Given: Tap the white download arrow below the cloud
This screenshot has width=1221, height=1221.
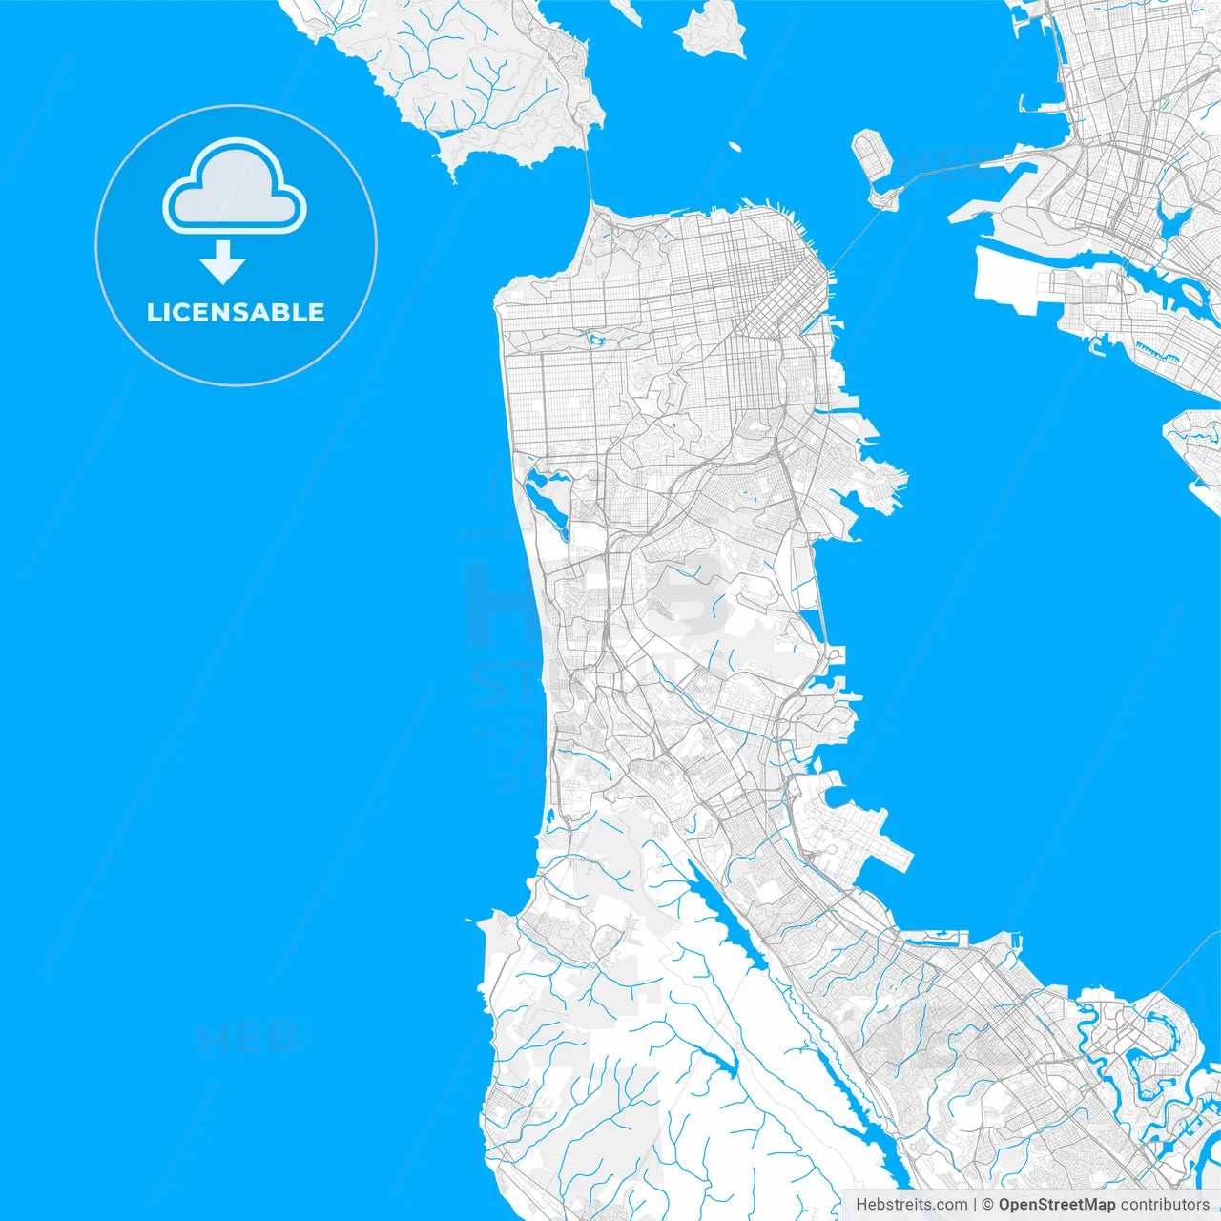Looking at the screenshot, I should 223,263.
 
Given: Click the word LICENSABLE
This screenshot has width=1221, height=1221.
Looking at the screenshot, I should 236,312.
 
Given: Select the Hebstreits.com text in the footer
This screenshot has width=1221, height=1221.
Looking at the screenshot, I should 911,1205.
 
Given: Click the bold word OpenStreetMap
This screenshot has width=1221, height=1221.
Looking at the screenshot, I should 1056,1205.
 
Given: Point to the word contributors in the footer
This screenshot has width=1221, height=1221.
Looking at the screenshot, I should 1164,1205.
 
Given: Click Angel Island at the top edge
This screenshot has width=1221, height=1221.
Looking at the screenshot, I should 711,29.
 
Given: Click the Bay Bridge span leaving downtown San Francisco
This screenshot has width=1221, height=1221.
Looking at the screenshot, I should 854,238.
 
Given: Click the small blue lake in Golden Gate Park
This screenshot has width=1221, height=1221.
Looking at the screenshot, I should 599,338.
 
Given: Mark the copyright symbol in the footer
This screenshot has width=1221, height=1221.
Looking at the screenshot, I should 988,1205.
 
